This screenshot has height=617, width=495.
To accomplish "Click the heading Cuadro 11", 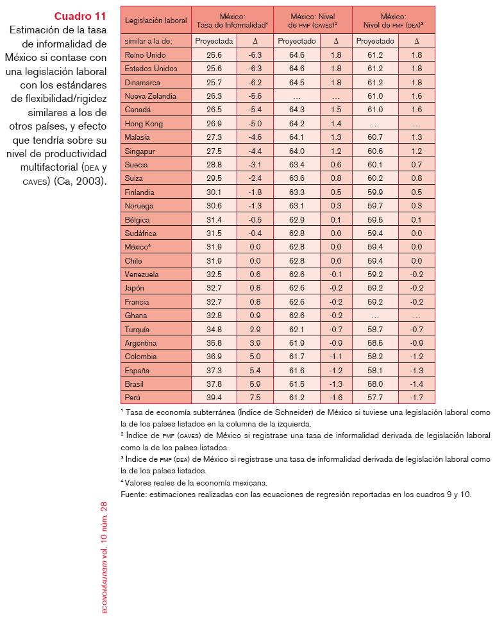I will pyautogui.click(x=80, y=16).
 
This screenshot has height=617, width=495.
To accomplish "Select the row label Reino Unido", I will pyautogui.click(x=145, y=56).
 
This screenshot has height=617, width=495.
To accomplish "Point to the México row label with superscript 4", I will pyautogui.click(x=138, y=247).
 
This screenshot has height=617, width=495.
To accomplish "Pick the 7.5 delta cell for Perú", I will pyautogui.click(x=255, y=398).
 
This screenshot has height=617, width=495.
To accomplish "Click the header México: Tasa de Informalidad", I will pyautogui.click(x=231, y=20).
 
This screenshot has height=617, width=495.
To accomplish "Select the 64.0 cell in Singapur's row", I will pyautogui.click(x=297, y=151).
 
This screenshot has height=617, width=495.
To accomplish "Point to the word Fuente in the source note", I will pyautogui.click(x=134, y=494).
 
